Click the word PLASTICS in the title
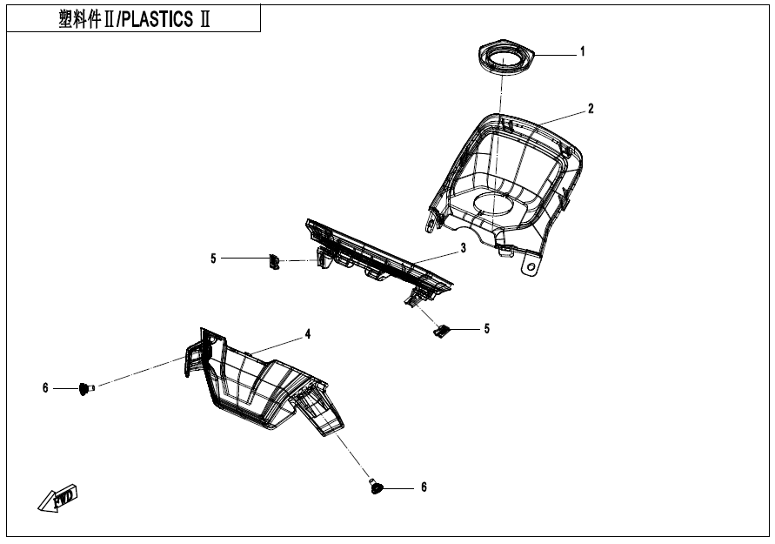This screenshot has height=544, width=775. pyautogui.click(x=157, y=19)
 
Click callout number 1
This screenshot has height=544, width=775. pyautogui.click(x=583, y=51)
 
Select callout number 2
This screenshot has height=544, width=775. pyautogui.click(x=591, y=109)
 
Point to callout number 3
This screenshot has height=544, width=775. pyautogui.click(x=463, y=248)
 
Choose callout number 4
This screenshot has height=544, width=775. pyautogui.click(x=308, y=334)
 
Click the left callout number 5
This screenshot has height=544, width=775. pyautogui.click(x=213, y=259)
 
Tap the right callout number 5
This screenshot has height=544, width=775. pyautogui.click(x=487, y=329)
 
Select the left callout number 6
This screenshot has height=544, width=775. pyautogui.click(x=45, y=388)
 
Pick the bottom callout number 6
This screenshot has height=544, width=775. pyautogui.click(x=424, y=487)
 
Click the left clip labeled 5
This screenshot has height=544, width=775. pyautogui.click(x=274, y=262)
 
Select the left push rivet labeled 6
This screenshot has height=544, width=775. pyautogui.click(x=86, y=389)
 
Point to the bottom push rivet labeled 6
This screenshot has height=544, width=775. pyautogui.click(x=377, y=487)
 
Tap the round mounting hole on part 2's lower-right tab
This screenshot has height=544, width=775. pyautogui.click(x=531, y=266)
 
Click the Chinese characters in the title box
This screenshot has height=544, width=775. pyautogui.click(x=79, y=20)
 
